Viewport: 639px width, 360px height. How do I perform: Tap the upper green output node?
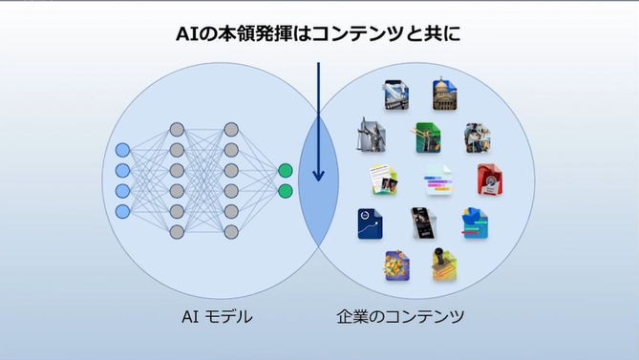coord(285,171)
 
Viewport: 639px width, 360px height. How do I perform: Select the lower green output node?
coord(285,191)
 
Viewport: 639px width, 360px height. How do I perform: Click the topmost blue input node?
coord(121,151)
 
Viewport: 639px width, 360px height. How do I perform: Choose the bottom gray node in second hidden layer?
coord(230,232)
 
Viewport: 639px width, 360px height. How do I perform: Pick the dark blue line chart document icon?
coord(370,224)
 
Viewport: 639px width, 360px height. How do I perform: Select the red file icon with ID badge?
coord(490,179)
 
